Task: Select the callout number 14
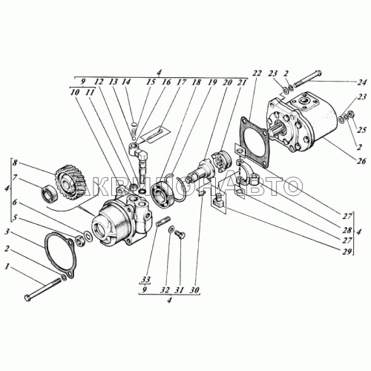point(127,83)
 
